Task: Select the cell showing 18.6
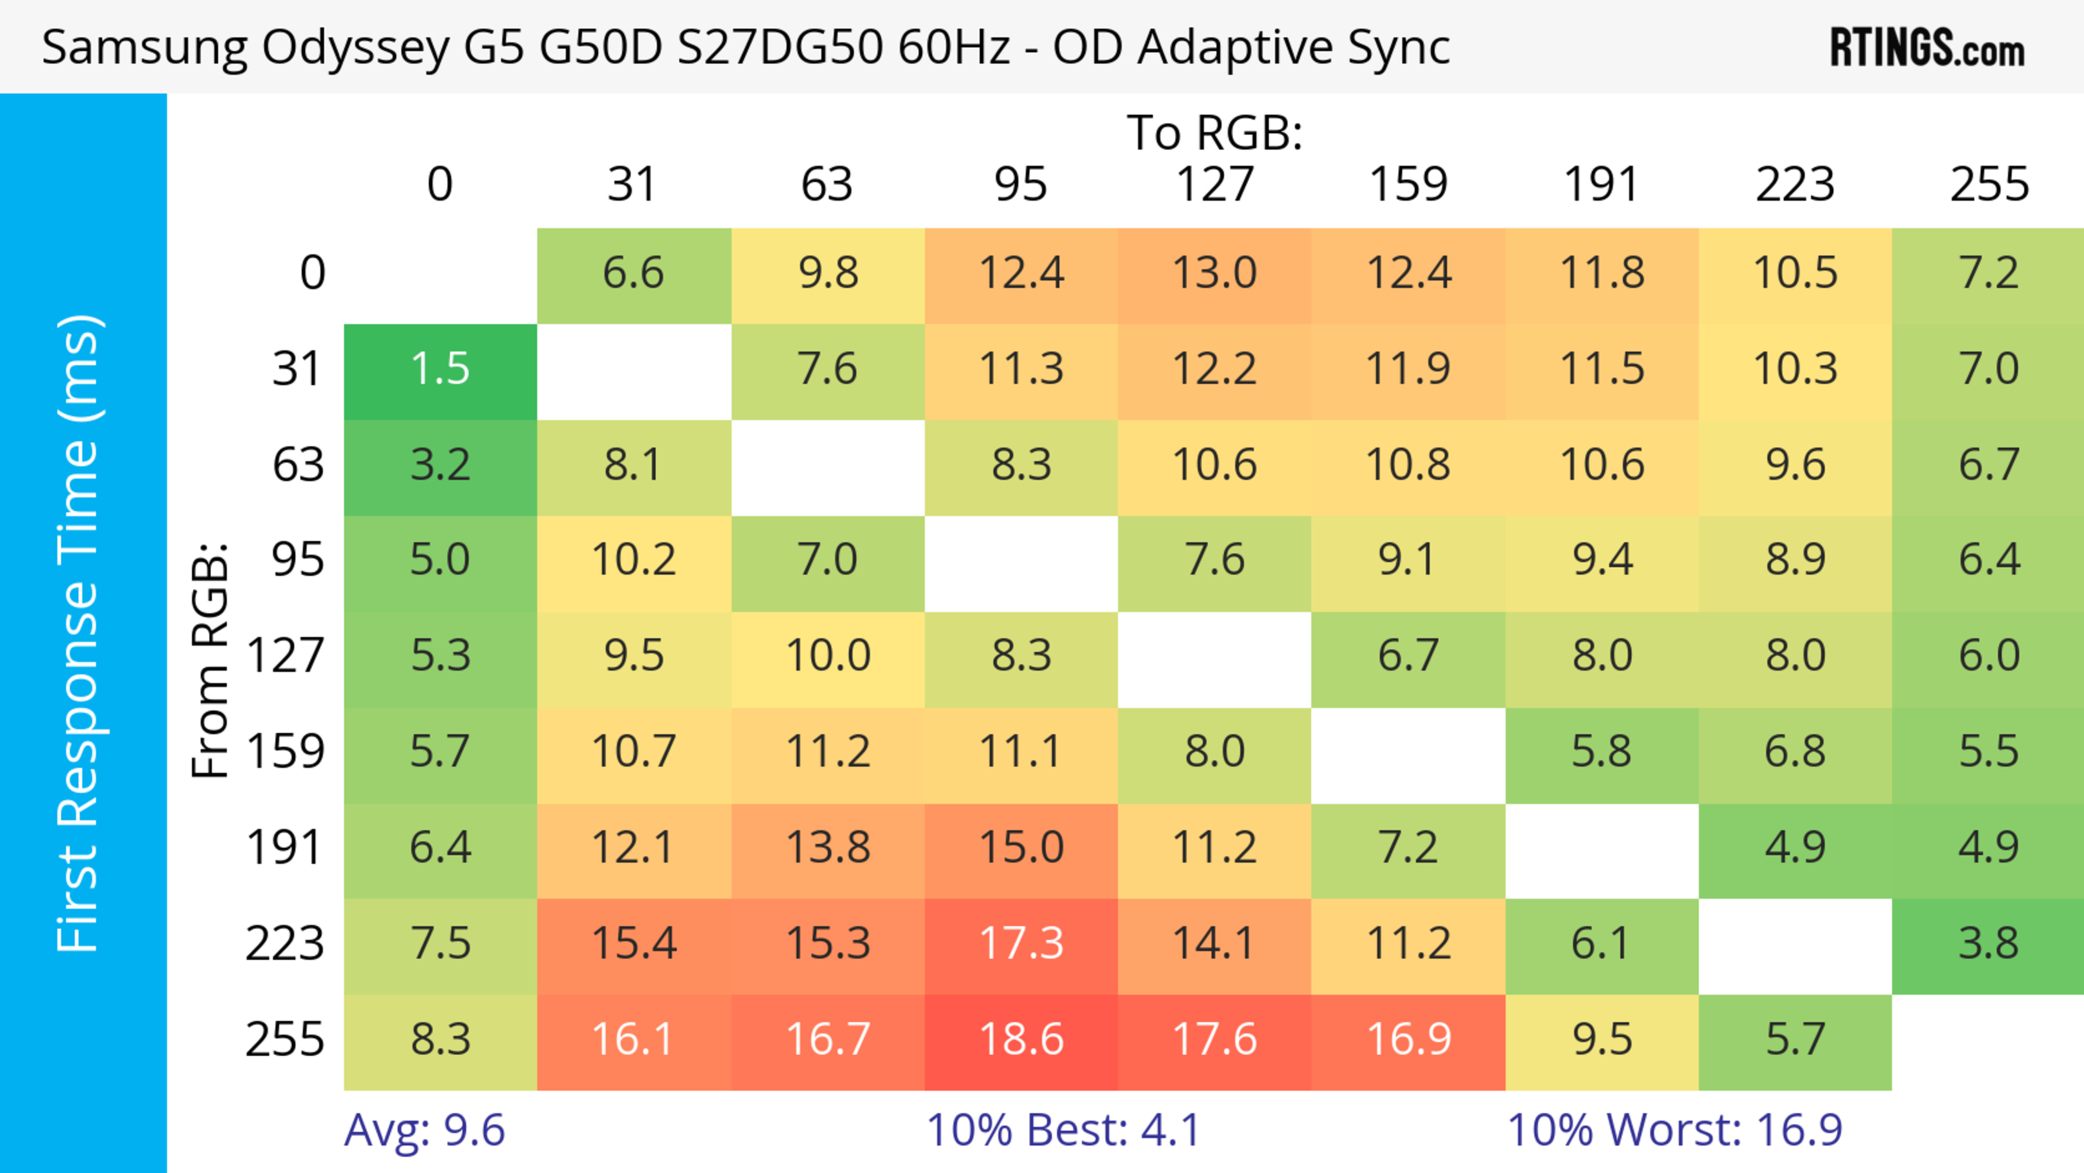pyautogui.click(x=1021, y=1041)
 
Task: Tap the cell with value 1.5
pyautogui.click(x=440, y=370)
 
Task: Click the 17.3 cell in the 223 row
pyautogui.click(x=1021, y=944)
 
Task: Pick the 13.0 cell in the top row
pyautogui.click(x=1215, y=274)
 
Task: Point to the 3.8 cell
pyautogui.click(x=1988, y=944)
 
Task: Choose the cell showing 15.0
pyautogui.click(x=1021, y=848)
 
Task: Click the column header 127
pyautogui.click(x=1215, y=185)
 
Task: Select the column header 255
pyautogui.click(x=1988, y=185)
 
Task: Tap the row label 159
pyautogui.click(x=285, y=752)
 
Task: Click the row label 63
pyautogui.click(x=298, y=465)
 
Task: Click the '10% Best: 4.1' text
pyautogui.click(x=1063, y=1130)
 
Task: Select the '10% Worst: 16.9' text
pyautogui.click(x=1674, y=1130)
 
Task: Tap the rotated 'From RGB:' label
pyautogui.click(x=209, y=660)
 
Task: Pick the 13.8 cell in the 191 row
pyautogui.click(x=828, y=848)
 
